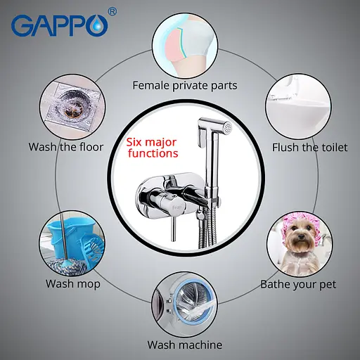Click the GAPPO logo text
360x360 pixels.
coord(60,25)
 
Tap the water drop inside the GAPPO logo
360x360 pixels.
coord(97,25)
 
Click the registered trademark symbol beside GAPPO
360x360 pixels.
coord(112,11)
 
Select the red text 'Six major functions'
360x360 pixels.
coord(153,148)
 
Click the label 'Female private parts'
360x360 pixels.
coord(185,85)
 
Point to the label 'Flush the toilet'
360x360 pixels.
coord(309,148)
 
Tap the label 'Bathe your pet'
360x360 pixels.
coord(298,285)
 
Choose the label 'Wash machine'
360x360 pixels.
coord(185,345)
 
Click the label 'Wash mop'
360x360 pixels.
coord(73,284)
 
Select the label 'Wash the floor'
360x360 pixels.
coord(66,147)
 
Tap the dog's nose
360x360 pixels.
coord(300,238)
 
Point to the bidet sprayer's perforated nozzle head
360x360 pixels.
coord(227,128)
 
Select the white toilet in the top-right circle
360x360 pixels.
coord(298,110)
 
